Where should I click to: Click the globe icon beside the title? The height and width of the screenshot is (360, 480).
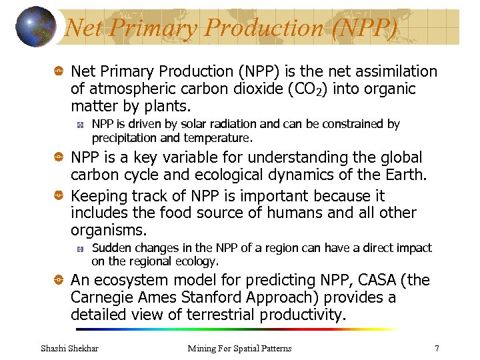tap(35, 27)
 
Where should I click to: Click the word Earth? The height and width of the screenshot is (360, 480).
tap(403, 175)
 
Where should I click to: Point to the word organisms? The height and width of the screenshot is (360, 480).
tap(107, 231)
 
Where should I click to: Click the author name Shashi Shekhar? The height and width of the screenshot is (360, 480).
tap(70, 348)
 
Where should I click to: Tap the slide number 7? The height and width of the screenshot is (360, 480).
tap(437, 348)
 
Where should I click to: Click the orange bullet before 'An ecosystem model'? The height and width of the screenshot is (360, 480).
tap(59, 281)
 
